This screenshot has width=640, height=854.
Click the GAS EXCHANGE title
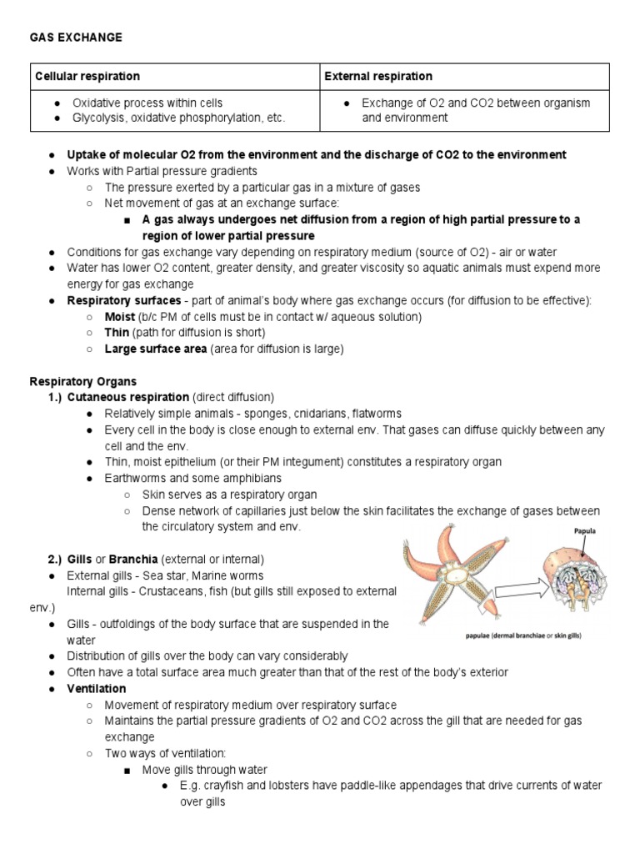pyautogui.click(x=76, y=38)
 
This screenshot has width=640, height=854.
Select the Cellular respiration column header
pyautogui.click(x=87, y=76)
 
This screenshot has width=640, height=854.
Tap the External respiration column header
pyautogui.click(x=378, y=76)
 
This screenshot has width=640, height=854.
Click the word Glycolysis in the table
pyautogui.click(x=99, y=118)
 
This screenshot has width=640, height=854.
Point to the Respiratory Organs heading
pyautogui.click(x=83, y=381)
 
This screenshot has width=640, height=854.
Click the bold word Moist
pyautogui.click(x=120, y=317)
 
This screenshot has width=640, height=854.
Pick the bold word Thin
pyautogui.click(x=117, y=333)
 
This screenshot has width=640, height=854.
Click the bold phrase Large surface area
pyautogui.click(x=156, y=349)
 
